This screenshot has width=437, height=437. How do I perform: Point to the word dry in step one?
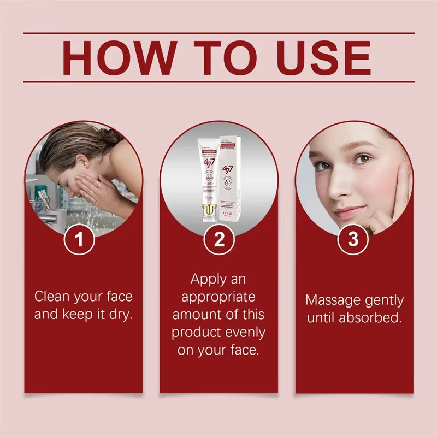coord(120,315)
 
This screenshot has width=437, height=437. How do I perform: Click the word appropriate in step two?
coord(218,297)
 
